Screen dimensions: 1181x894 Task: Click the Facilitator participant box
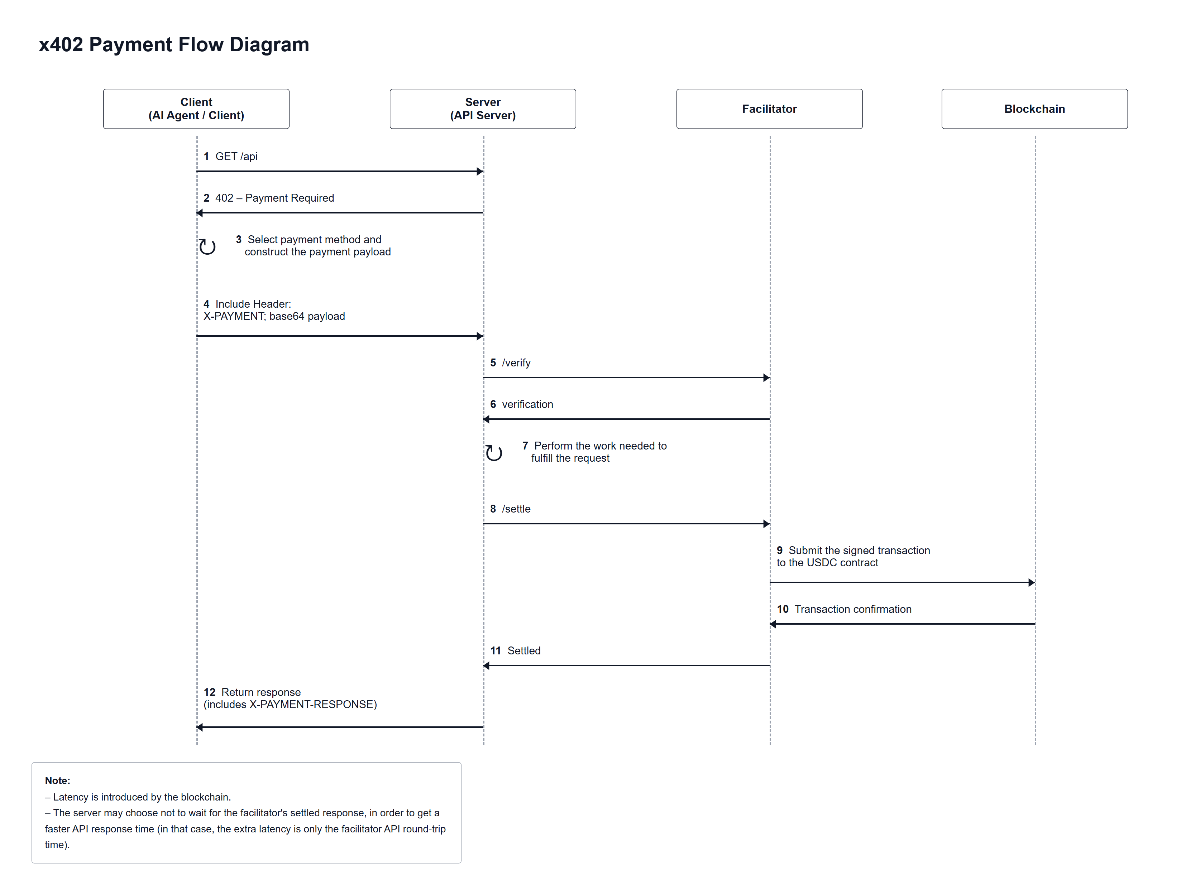point(769,109)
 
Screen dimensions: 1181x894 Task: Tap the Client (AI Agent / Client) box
point(196,109)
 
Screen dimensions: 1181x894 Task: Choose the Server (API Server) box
point(483,109)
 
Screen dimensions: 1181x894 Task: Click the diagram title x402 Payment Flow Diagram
point(174,44)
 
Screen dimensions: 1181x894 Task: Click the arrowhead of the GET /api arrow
point(480,171)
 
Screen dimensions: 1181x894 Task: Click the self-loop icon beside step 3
point(207,246)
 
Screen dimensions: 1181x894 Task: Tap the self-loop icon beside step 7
point(494,453)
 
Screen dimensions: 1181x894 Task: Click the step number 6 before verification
point(493,405)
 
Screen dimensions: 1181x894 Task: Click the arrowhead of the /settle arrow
point(767,524)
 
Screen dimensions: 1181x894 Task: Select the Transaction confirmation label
point(853,610)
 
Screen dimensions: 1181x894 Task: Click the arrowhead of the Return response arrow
point(200,727)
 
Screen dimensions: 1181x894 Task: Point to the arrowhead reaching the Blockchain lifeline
point(1032,583)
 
